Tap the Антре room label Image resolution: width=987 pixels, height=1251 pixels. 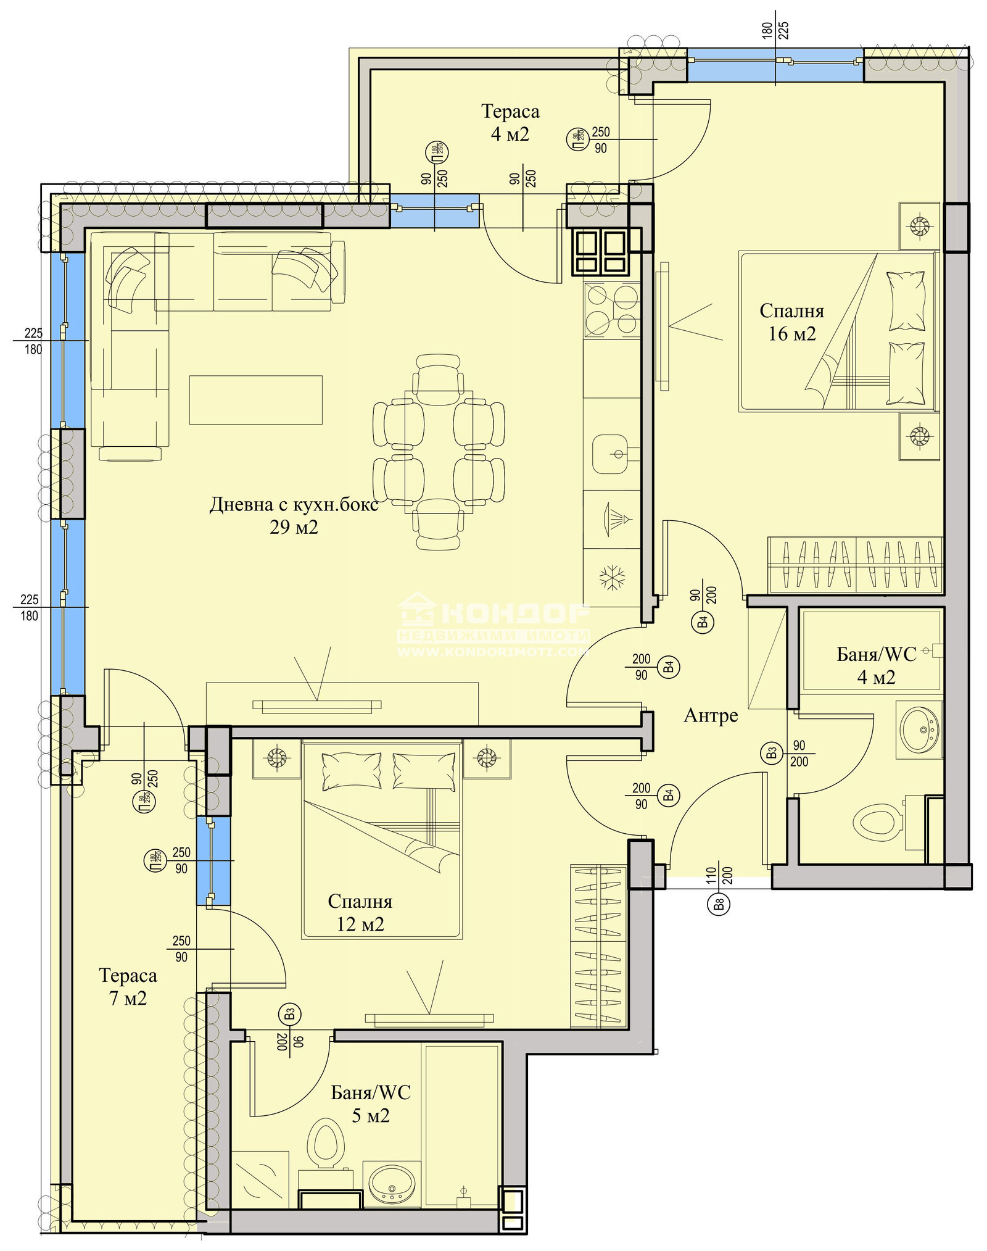pyautogui.click(x=711, y=716)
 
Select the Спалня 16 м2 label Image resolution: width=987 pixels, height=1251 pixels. pyautogui.click(x=791, y=322)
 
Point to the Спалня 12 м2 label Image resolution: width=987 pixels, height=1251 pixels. pyautogui.click(x=360, y=913)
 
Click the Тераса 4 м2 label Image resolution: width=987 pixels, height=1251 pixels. pyautogui.click(x=510, y=122)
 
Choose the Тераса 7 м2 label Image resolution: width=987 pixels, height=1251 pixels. pyautogui.click(x=128, y=986)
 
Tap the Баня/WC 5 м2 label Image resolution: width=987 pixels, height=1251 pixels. pyautogui.click(x=371, y=1103)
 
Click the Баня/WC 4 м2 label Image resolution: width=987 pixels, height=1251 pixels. pyautogui.click(x=876, y=665)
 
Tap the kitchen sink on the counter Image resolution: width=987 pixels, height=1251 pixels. pyautogui.click(x=611, y=454)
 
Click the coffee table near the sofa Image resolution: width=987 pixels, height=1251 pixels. pyautogui.click(x=255, y=400)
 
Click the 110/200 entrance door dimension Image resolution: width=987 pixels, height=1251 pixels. pyautogui.click(x=719, y=875)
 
